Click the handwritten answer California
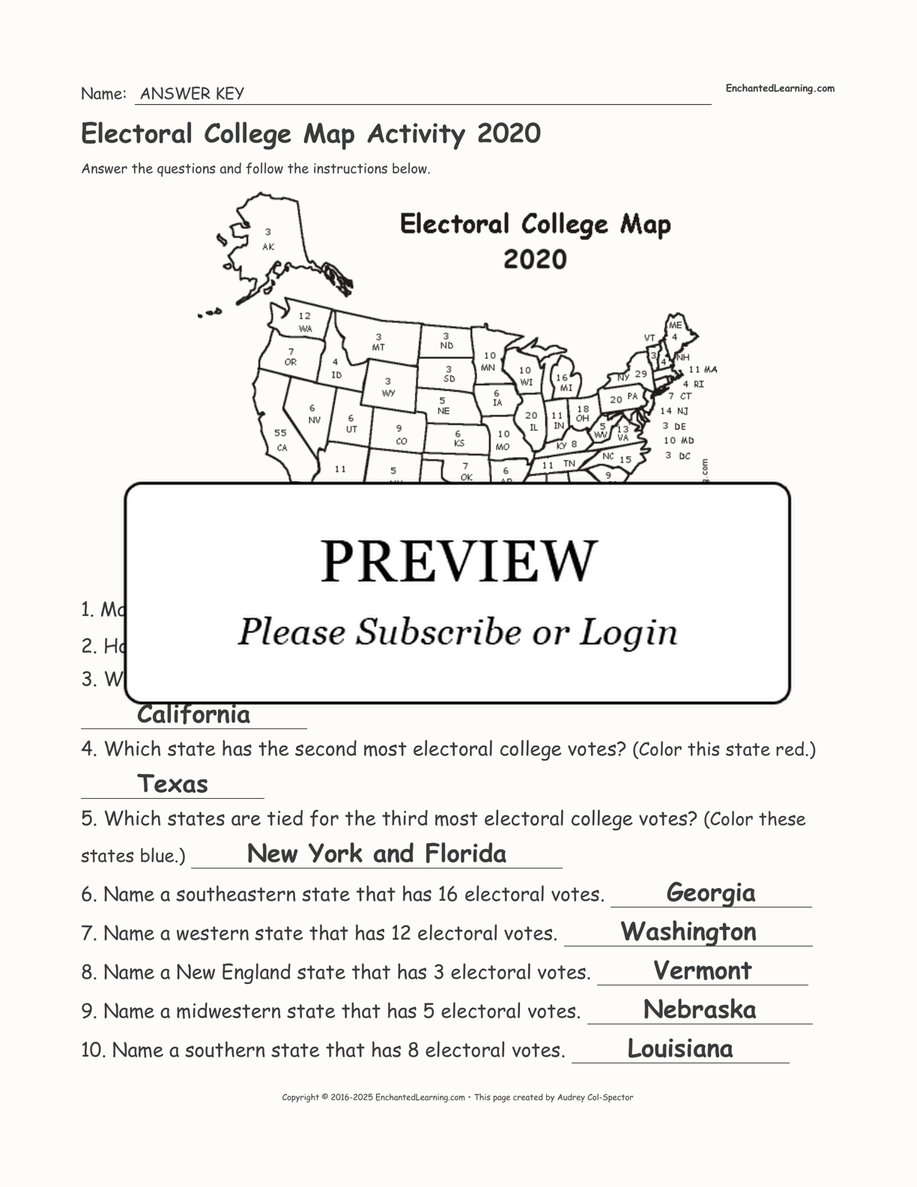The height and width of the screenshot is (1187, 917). click(193, 715)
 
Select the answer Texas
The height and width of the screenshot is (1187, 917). click(172, 784)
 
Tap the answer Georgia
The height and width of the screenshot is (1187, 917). click(710, 892)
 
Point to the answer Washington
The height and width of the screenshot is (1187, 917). click(688, 931)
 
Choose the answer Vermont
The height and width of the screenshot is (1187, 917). click(702, 970)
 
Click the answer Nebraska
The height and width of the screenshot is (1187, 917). click(699, 1009)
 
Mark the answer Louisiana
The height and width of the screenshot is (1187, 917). click(680, 1048)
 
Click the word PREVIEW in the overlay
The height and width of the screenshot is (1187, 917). click(459, 561)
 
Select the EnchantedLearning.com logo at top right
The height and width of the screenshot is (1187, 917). click(779, 88)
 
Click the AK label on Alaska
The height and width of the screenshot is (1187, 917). click(268, 247)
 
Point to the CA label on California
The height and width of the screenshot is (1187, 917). click(282, 448)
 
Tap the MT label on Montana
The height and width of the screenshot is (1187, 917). click(378, 348)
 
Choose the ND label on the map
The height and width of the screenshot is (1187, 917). click(447, 346)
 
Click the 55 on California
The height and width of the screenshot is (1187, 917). click(280, 433)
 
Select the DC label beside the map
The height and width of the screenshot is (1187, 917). click(684, 456)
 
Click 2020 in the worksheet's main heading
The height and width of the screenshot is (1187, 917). click(509, 133)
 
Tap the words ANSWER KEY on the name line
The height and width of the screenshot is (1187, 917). click(192, 94)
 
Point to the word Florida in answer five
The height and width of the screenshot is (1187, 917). click(465, 854)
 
